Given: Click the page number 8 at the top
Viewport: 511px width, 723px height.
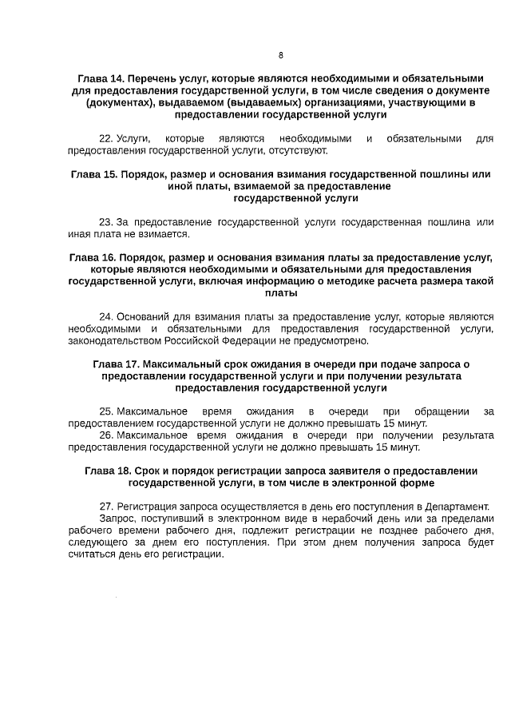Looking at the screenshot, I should point(280,55).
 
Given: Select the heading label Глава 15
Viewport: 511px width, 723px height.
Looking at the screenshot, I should point(94,173).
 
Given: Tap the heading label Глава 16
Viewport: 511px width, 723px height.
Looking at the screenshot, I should point(93,257).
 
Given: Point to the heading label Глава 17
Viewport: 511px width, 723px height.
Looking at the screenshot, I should point(116,364).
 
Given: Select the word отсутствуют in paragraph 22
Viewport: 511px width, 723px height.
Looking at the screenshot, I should point(299,150).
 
